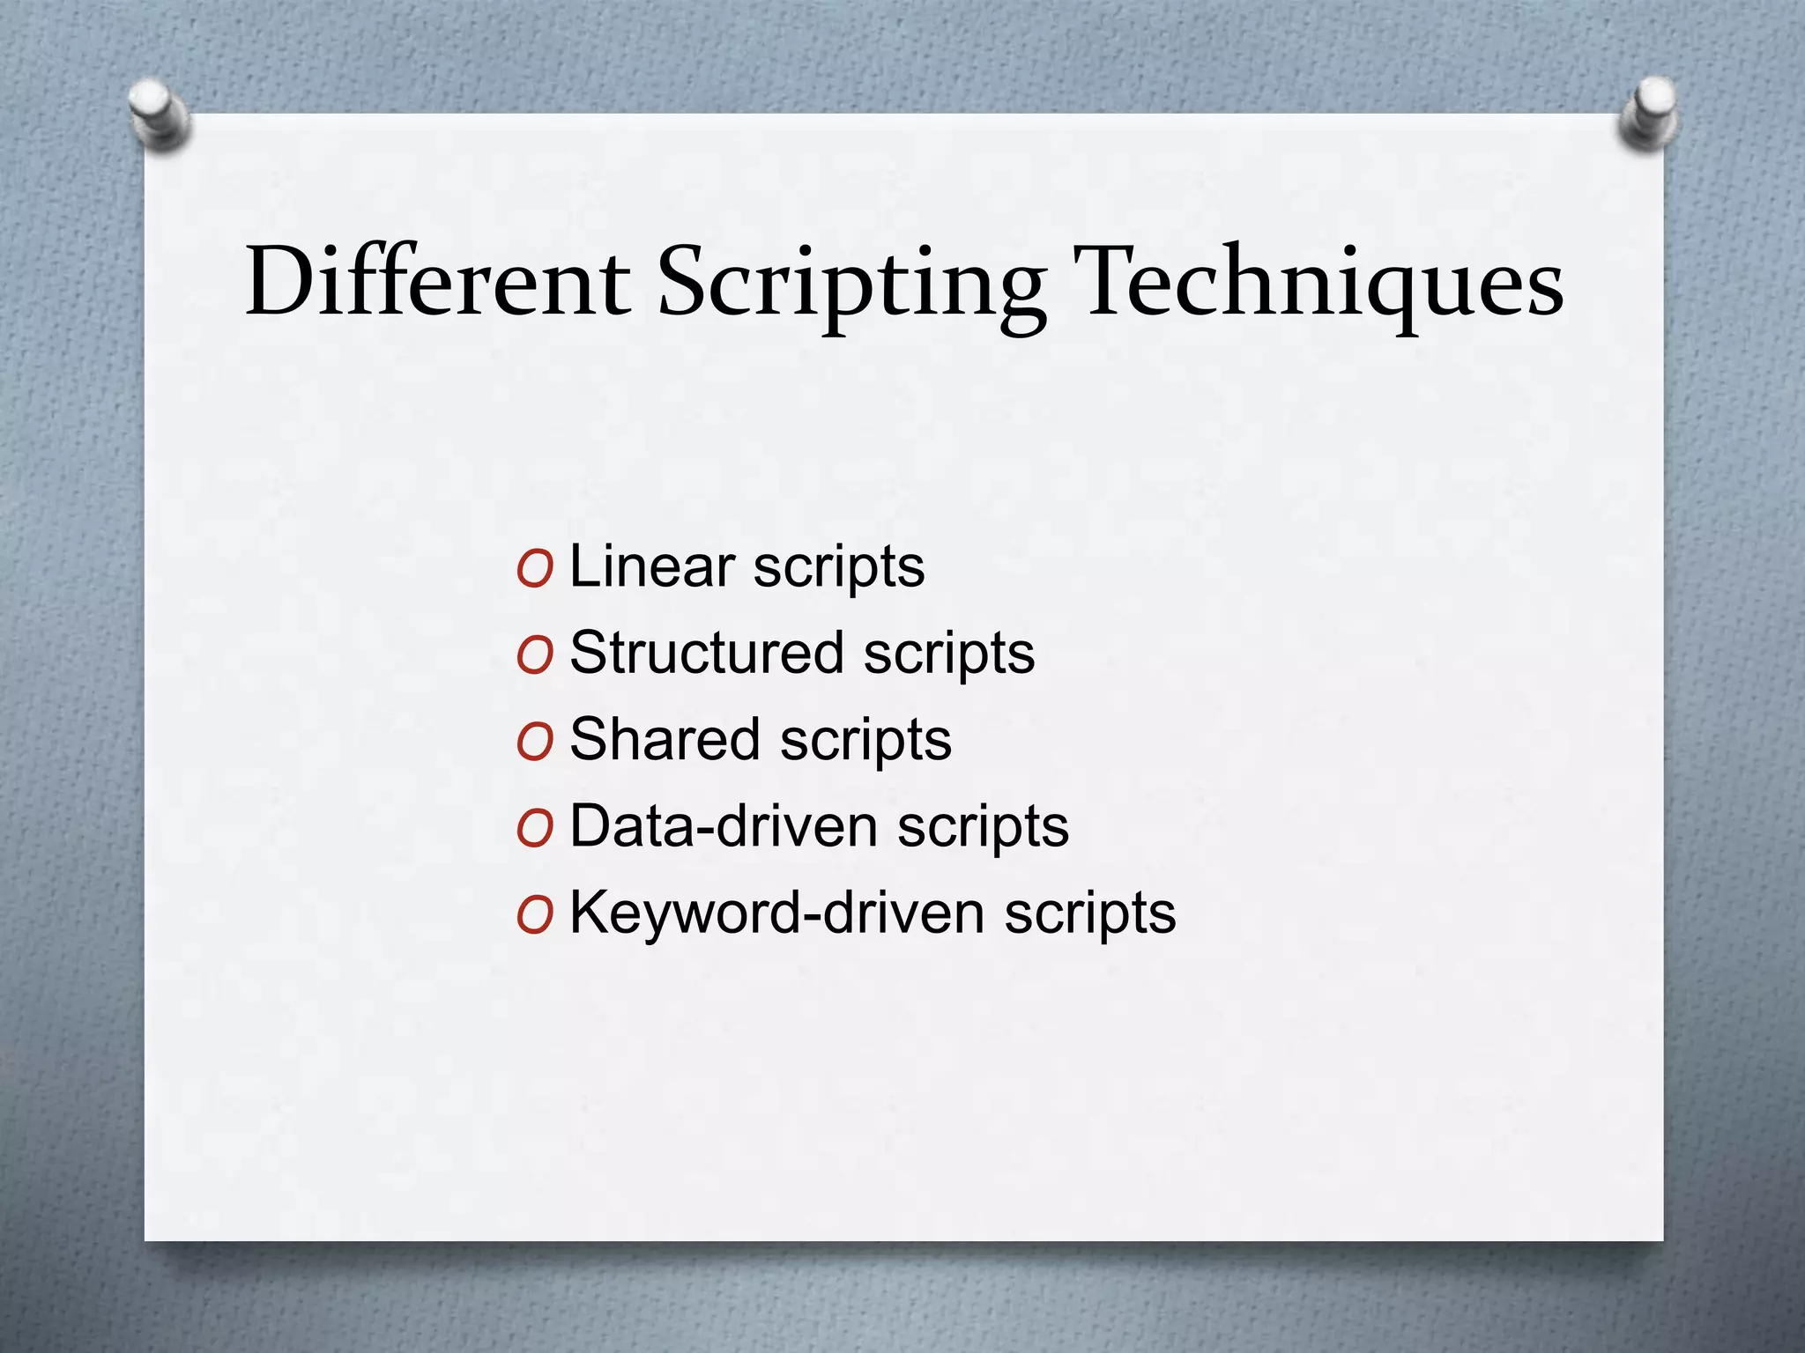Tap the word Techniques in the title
1323,284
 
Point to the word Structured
707,653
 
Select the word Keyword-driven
776,912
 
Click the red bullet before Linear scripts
535,569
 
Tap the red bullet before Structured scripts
535,655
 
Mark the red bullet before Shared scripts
535,742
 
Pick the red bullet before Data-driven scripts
535,829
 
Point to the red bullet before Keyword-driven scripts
535,915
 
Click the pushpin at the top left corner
157,112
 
